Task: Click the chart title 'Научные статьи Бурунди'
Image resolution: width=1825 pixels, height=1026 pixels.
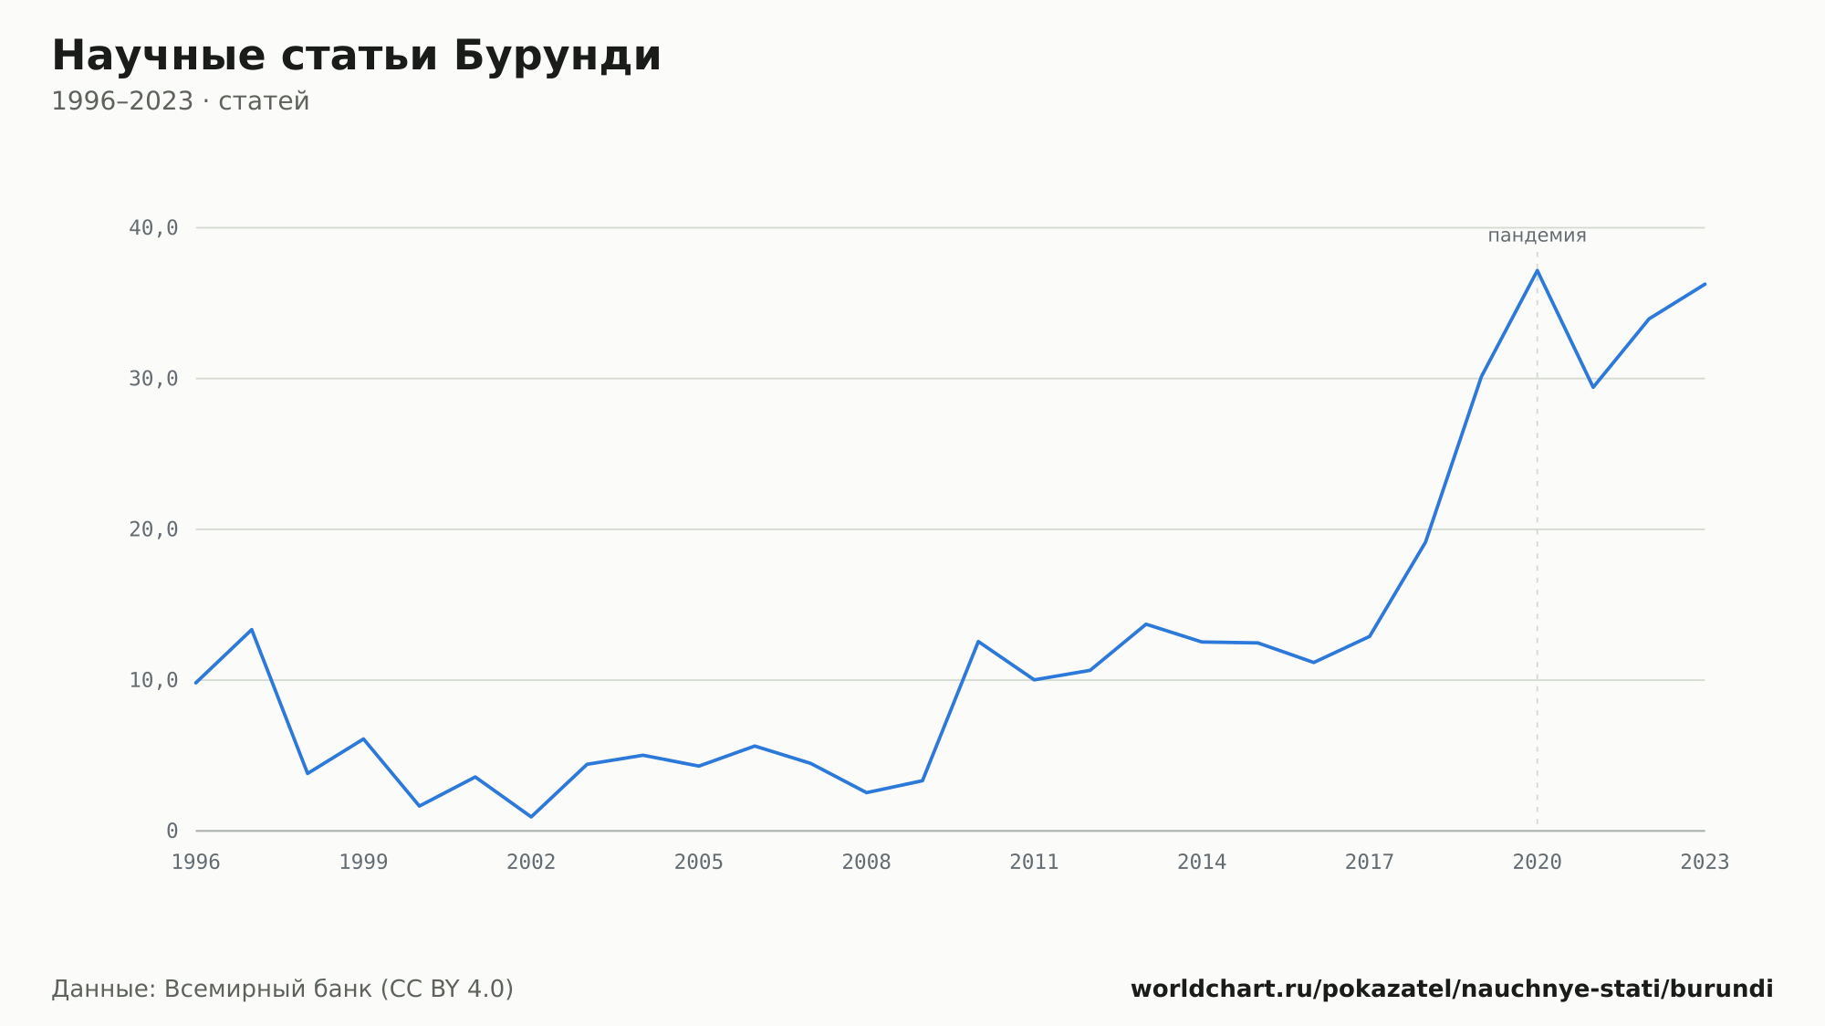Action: click(356, 56)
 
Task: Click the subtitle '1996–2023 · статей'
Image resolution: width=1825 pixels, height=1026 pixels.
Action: click(181, 101)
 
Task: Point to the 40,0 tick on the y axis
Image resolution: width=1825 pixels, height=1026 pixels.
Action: click(153, 228)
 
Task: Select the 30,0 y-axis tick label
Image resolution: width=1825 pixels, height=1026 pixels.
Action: click(153, 379)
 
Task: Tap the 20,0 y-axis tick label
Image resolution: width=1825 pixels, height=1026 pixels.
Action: click(153, 529)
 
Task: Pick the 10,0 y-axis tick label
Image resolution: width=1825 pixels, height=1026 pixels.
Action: click(153, 680)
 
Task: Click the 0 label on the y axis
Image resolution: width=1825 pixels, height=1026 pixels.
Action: click(172, 832)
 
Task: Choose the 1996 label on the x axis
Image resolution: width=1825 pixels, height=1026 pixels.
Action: click(196, 863)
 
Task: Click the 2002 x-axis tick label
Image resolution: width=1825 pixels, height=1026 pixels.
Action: click(531, 863)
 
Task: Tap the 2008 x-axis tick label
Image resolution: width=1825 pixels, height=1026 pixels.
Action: click(867, 863)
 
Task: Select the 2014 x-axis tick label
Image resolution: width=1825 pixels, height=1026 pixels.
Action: click(1202, 863)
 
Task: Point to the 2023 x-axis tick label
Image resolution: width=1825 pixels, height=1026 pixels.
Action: click(1705, 863)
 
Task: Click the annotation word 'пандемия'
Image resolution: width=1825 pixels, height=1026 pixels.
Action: click(1538, 236)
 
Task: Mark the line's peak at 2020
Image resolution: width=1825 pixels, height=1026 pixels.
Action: click(1538, 270)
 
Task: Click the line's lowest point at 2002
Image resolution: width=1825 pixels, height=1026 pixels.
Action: click(531, 817)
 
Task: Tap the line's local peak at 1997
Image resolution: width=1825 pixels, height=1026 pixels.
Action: click(252, 630)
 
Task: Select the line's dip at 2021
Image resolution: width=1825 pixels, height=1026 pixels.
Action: click(1593, 387)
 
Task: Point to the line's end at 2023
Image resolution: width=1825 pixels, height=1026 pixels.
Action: click(1705, 284)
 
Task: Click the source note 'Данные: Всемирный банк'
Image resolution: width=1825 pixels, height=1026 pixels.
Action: click(212, 989)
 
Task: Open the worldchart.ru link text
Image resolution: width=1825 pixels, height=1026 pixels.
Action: click(1452, 989)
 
